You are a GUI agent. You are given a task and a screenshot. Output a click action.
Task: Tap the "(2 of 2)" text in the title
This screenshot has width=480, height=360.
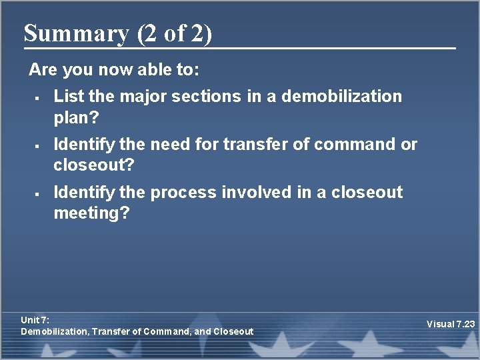(174, 33)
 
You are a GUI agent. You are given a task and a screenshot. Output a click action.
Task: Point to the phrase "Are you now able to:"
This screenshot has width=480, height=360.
(114, 69)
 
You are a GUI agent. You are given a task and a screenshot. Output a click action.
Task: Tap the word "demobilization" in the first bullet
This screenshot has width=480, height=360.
(342, 96)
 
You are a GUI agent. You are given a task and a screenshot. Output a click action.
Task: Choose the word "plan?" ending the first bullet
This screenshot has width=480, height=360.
(76, 117)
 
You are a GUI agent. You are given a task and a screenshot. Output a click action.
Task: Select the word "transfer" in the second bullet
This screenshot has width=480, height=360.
(271, 144)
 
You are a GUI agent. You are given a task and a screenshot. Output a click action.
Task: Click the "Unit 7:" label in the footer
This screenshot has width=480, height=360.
(35, 320)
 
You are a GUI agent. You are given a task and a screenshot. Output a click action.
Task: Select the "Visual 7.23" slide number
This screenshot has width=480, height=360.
(451, 325)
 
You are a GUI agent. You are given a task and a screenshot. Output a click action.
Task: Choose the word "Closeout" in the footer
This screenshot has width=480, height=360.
(233, 331)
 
